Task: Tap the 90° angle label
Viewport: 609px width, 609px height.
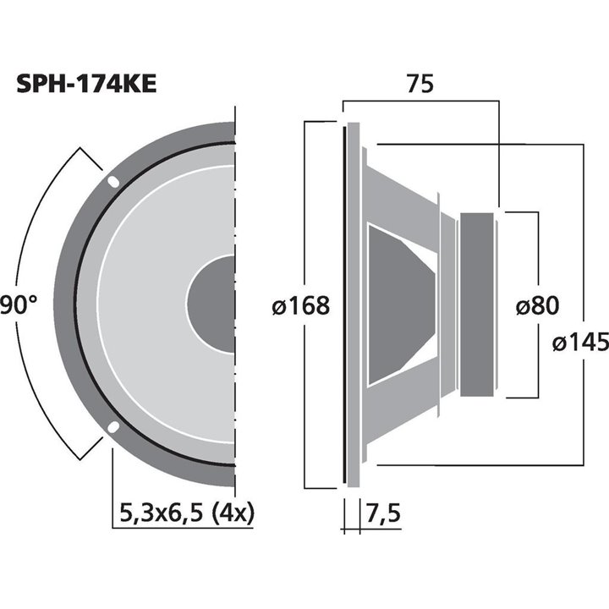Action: tap(19, 304)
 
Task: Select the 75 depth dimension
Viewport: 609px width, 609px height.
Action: tap(420, 86)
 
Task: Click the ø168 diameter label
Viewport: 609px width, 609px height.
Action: tap(300, 305)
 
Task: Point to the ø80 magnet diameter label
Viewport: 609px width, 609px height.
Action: tap(539, 305)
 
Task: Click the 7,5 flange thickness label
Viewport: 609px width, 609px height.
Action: tap(382, 513)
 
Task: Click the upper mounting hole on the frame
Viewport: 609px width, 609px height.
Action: tap(112, 182)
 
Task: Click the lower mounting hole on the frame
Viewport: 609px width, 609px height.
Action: tap(112, 428)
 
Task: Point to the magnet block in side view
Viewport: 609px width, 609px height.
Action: tap(478, 304)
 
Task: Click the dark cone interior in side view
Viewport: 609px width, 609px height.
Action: tap(398, 304)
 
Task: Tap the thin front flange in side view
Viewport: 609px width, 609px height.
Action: tap(346, 304)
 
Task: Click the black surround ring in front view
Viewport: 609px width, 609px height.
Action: tap(78, 304)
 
